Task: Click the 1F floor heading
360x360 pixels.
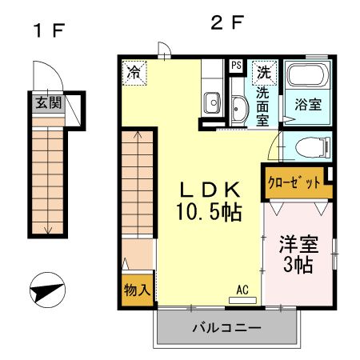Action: tap(47, 33)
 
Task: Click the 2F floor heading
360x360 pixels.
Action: tap(226, 23)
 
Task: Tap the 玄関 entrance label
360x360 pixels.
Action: tap(46, 102)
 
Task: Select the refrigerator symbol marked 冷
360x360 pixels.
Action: tap(136, 73)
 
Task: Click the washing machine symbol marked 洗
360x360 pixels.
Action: tap(263, 72)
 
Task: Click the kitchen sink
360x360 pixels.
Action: tap(212, 102)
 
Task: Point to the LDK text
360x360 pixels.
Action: tap(210, 190)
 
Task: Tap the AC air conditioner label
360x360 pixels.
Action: tap(243, 290)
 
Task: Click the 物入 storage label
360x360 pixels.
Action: tap(138, 290)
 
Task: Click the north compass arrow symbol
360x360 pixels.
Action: tap(47, 290)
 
